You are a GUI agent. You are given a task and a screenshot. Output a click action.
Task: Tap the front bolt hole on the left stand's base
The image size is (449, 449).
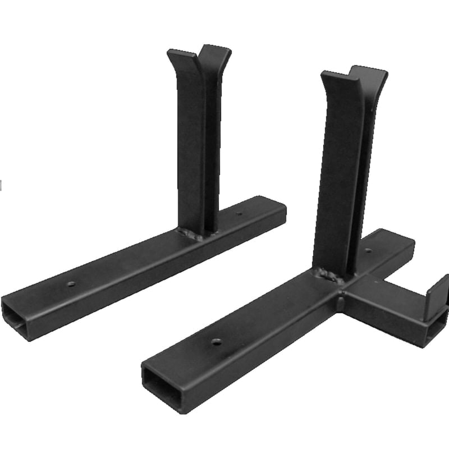tap(71, 283)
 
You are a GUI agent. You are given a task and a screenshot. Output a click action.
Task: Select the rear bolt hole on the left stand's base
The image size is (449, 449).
tap(239, 214)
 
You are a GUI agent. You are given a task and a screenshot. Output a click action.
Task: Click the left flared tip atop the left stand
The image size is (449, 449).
tap(178, 57)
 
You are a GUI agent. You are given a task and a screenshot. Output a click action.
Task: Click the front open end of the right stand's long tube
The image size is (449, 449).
tap(163, 387)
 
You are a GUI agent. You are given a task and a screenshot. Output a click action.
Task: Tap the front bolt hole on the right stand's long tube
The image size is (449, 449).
tap(216, 341)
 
